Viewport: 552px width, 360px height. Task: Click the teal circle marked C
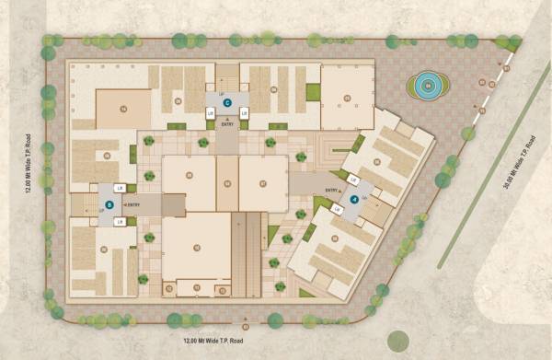pos(226,102)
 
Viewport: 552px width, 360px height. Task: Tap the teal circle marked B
pos(109,204)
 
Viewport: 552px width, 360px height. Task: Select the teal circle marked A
pos(354,199)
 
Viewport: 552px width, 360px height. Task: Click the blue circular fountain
pos(429,87)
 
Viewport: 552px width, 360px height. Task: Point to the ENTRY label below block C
pos(226,123)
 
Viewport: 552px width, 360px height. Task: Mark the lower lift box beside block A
pos(337,209)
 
